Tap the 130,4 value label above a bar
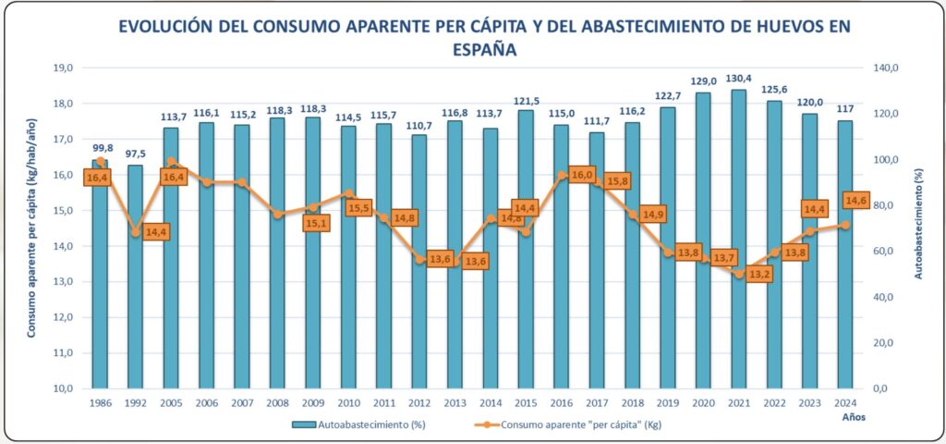click(738, 77)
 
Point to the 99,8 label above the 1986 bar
click(100, 147)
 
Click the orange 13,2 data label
click(758, 274)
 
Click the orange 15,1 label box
click(316, 222)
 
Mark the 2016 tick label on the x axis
click(561, 403)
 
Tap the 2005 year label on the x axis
click(170, 403)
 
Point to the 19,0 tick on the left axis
click(63, 68)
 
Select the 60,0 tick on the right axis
click(890, 251)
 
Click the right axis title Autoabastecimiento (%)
click(919, 228)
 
